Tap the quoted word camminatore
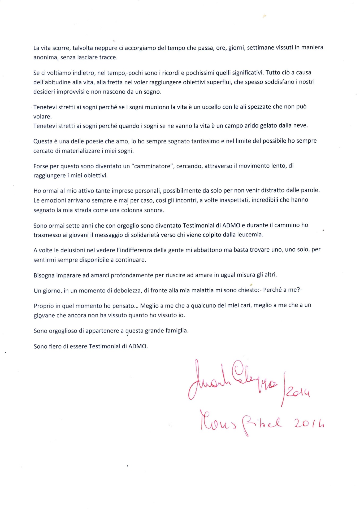click(153, 166)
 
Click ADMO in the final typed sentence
click(138, 346)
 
